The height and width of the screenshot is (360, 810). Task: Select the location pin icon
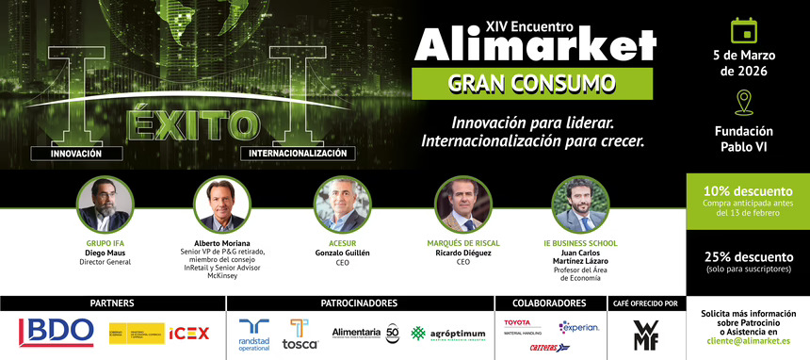pyautogui.click(x=745, y=101)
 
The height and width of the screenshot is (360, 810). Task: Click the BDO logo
pyautogui.click(x=57, y=332)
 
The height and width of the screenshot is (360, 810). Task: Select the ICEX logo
pyautogui.click(x=188, y=333)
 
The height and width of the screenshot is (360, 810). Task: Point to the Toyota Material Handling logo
pyautogui.click(x=524, y=326)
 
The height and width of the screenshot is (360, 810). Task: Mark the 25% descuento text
pyautogui.click(x=747, y=256)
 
